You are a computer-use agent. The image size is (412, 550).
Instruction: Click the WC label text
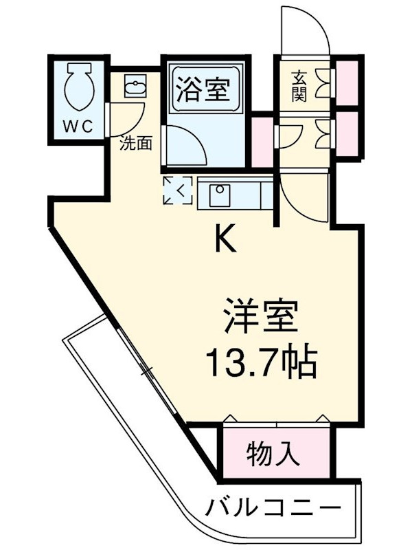coord(78,126)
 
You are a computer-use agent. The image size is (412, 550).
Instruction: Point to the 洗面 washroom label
coord(135,143)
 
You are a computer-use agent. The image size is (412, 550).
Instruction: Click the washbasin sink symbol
coord(135,85)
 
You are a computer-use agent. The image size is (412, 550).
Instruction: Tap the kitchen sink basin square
coord(220,195)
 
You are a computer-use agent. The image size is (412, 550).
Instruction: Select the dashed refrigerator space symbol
coord(178,190)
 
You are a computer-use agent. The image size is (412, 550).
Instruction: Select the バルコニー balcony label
coord(273,507)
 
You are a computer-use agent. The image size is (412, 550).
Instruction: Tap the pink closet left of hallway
coord(262,142)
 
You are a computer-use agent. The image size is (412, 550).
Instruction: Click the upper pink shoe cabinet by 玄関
coord(347,82)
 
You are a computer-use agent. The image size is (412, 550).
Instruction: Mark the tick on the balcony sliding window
coord(147,371)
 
